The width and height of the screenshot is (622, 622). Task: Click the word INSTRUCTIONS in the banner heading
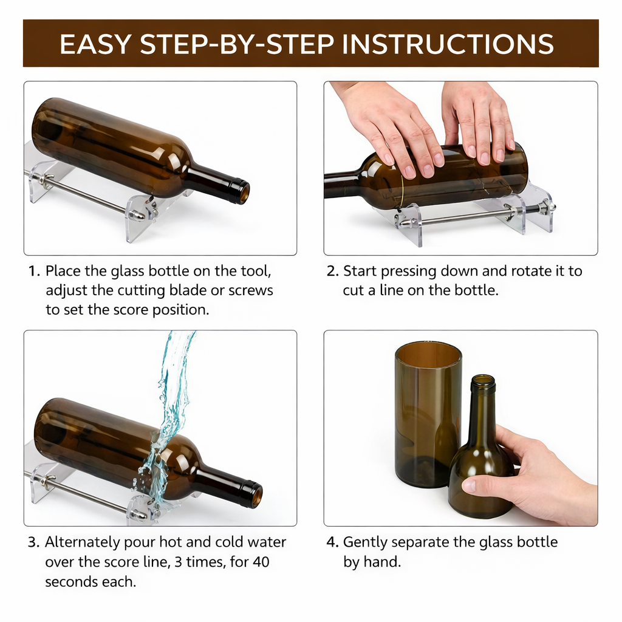coord(449,44)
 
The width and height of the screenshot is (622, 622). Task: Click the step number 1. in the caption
coord(34,271)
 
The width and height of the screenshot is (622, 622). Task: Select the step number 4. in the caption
coord(332,542)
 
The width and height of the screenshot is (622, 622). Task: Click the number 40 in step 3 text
coord(260,562)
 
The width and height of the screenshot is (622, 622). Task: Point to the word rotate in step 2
coord(518,271)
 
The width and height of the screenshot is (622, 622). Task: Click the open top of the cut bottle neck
coord(482,381)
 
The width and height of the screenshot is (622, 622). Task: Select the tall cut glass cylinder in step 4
coord(427,413)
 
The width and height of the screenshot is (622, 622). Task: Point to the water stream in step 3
coord(172,395)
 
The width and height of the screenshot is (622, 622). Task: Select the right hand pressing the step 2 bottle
coord(480,121)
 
